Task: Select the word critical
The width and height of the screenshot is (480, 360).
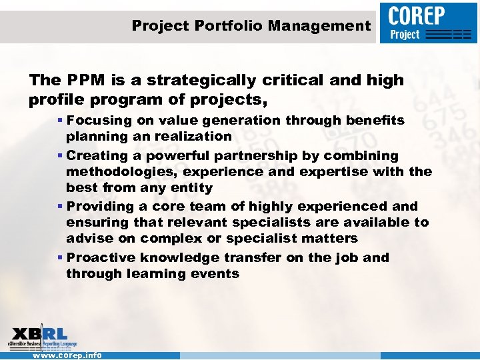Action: (312, 81)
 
